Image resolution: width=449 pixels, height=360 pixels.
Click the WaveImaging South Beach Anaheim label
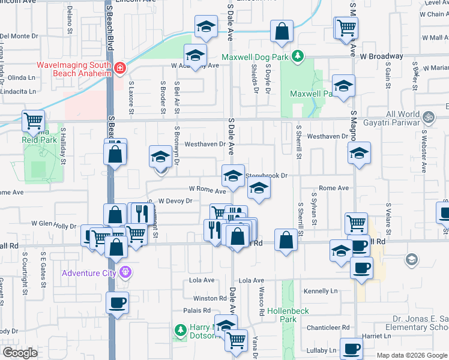pyautogui.click(x=74, y=68)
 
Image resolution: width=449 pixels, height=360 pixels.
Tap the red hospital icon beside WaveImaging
pyautogui.click(x=120, y=68)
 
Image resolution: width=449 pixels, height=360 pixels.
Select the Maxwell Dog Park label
pyautogui.click(x=256, y=58)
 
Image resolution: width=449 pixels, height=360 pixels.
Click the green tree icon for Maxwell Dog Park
pyautogui.click(x=297, y=57)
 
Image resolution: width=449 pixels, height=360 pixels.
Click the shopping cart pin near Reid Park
pyautogui.click(x=33, y=121)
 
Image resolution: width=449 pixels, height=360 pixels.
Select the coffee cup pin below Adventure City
pyautogui.click(x=117, y=302)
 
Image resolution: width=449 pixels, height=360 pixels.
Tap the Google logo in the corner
pyautogui.click(x=19, y=352)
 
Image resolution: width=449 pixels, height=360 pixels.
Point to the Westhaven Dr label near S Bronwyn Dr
pyautogui.click(x=205, y=144)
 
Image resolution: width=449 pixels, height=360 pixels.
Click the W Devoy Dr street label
pyautogui.click(x=175, y=201)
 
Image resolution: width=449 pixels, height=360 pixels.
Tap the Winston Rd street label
pyautogui.click(x=209, y=298)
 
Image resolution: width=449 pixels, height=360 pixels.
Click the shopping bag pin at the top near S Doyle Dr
pyautogui.click(x=282, y=32)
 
